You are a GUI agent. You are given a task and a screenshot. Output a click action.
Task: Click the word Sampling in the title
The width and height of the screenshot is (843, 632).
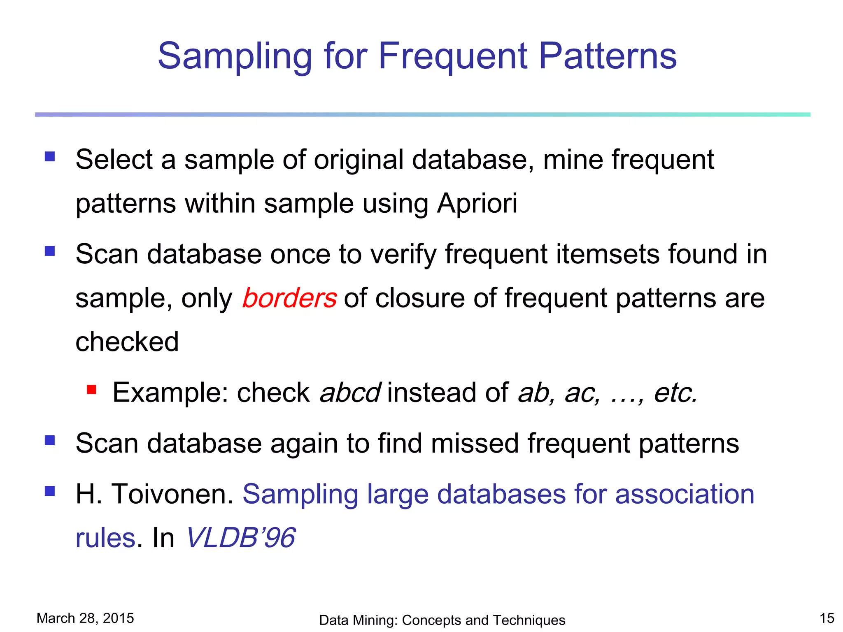(x=235, y=57)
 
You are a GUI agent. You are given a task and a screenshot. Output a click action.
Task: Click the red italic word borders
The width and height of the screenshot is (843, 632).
(x=289, y=298)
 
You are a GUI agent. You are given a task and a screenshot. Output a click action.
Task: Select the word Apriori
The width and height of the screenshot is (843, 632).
(x=477, y=204)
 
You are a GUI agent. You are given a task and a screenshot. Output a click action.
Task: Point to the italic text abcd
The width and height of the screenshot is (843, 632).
(x=350, y=393)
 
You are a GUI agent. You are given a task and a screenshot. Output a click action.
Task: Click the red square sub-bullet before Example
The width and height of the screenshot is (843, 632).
(x=91, y=389)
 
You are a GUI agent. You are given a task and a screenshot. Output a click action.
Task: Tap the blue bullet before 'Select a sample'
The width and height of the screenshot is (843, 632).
(x=50, y=156)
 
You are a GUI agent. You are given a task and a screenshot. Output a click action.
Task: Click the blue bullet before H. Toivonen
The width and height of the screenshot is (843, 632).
(x=50, y=491)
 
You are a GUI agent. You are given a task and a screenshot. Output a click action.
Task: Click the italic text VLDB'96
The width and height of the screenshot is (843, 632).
(x=241, y=537)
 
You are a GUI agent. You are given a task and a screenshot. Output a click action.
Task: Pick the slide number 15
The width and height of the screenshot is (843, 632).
(x=827, y=618)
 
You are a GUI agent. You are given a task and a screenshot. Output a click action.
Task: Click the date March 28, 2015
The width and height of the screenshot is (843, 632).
(x=85, y=618)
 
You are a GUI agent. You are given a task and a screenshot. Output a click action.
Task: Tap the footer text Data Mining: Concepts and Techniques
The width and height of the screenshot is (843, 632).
(x=442, y=620)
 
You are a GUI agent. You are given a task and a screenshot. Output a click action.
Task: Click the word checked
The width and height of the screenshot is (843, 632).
(x=127, y=342)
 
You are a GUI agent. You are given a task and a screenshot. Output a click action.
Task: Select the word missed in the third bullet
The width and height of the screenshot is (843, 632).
(x=475, y=444)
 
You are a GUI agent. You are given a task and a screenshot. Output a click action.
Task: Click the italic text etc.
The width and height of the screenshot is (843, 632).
(x=676, y=393)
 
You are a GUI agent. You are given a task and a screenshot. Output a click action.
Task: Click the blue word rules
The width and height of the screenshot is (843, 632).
(x=105, y=537)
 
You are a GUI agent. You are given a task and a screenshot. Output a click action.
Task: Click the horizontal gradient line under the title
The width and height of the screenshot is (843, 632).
(x=422, y=114)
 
